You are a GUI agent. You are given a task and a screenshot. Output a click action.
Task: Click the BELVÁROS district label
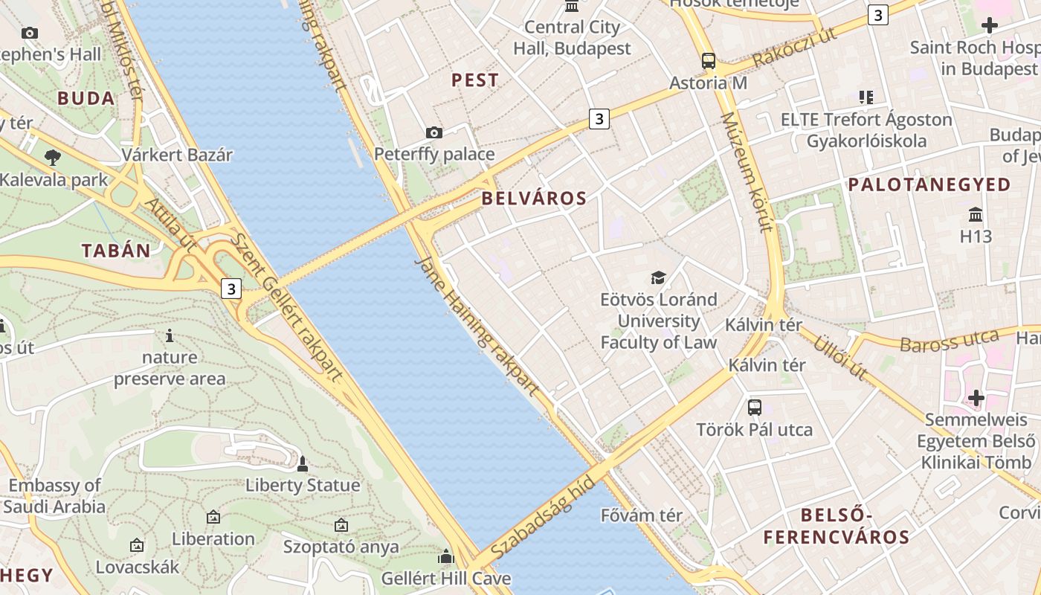click(x=534, y=199)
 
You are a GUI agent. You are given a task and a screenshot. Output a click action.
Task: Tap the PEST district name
click(x=475, y=80)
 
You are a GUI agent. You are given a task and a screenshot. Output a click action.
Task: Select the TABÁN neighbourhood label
click(x=117, y=251)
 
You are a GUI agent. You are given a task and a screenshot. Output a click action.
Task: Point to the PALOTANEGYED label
click(x=929, y=184)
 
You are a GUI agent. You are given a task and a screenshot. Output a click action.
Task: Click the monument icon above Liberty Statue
click(x=302, y=464)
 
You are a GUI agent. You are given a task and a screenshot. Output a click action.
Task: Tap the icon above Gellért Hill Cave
click(x=446, y=556)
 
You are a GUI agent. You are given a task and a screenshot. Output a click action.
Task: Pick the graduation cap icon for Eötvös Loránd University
click(x=658, y=278)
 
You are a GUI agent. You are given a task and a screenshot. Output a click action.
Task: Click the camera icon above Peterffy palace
click(x=434, y=132)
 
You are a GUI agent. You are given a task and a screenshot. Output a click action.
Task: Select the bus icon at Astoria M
click(x=708, y=61)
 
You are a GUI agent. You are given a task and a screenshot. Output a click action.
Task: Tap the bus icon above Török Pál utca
click(x=755, y=407)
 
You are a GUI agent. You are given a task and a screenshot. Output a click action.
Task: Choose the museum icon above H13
click(x=976, y=215)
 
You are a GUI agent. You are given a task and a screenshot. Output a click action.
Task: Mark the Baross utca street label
click(x=949, y=341)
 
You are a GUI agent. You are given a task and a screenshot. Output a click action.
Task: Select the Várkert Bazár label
click(x=177, y=155)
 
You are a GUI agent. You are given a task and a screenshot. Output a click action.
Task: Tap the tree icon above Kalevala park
click(x=52, y=157)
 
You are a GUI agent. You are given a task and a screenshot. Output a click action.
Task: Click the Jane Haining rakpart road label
click(x=476, y=325)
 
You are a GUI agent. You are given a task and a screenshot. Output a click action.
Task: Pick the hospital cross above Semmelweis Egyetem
click(x=976, y=398)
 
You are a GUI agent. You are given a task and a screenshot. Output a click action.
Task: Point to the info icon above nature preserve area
click(x=170, y=335)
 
